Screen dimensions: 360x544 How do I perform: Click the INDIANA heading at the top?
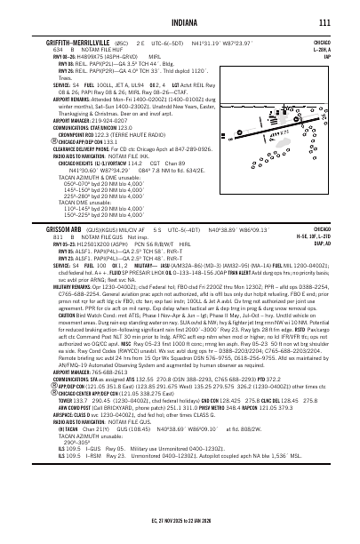click(x=180, y=22)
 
